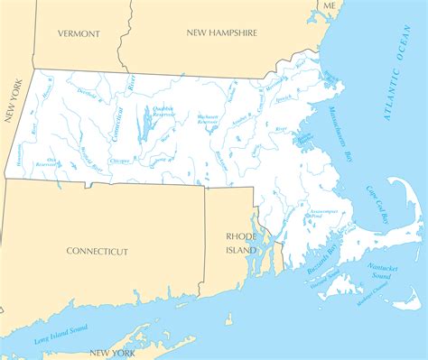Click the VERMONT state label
tap(79, 33)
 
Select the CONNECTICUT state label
tap(98, 252)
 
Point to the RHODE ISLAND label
tap(241, 243)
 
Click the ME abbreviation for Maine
tap(330, 6)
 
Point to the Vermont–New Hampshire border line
tap(129, 36)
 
